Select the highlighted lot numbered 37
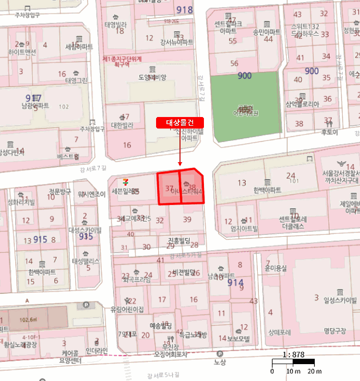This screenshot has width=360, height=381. [169, 188]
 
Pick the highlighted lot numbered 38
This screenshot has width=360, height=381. [192, 187]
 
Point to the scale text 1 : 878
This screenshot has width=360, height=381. [293, 354]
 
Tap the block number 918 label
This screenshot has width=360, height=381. [185, 10]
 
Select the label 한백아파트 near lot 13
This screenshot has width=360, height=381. [267, 191]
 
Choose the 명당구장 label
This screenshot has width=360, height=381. [335, 330]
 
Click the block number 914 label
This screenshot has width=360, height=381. [235, 283]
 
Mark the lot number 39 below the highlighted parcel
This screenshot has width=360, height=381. [188, 219]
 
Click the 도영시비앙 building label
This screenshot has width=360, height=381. [152, 77]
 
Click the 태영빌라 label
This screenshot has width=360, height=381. [115, 25]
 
